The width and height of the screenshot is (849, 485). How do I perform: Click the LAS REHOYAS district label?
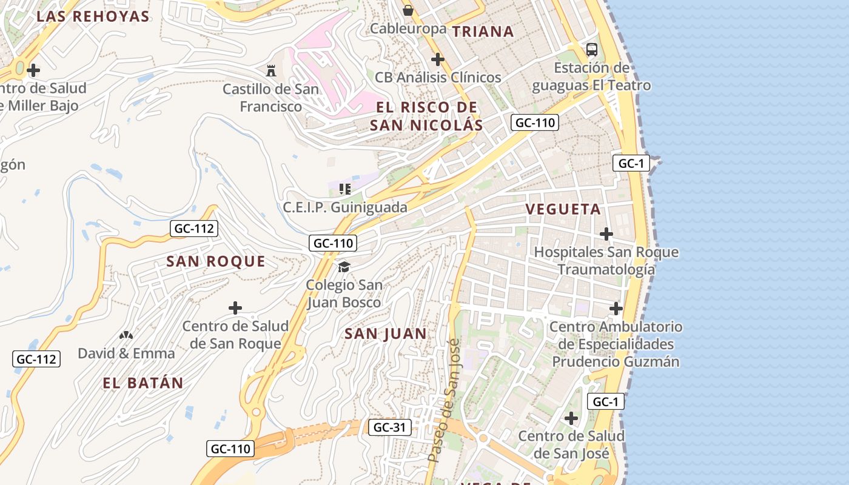pyautogui.click(x=93, y=16)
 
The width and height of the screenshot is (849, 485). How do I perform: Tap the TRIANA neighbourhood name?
pyautogui.click(x=483, y=32)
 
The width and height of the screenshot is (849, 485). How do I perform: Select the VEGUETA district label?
pyautogui.click(x=563, y=209)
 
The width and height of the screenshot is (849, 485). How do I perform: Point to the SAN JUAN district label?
pyautogui.click(x=386, y=333)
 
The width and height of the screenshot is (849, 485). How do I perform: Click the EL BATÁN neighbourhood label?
pyautogui.click(x=143, y=383)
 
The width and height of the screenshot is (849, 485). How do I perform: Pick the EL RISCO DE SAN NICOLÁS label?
pyautogui.click(x=426, y=116)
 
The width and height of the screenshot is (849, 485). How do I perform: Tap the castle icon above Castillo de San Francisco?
pyautogui.click(x=271, y=70)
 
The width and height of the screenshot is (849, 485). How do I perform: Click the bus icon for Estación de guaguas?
pyautogui.click(x=591, y=49)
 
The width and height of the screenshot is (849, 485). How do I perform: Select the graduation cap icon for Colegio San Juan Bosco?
pyautogui.click(x=344, y=267)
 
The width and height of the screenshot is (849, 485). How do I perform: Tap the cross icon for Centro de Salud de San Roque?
pyautogui.click(x=235, y=308)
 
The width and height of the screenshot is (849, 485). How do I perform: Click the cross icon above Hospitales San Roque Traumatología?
pyautogui.click(x=606, y=233)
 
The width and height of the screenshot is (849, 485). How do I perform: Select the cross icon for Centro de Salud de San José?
pyautogui.click(x=571, y=418)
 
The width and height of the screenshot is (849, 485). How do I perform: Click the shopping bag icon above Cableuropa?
pyautogui.click(x=408, y=10)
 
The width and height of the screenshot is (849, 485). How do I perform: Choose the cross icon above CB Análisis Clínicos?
pyautogui.click(x=437, y=59)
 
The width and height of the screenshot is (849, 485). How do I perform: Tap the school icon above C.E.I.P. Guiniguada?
pyautogui.click(x=345, y=189)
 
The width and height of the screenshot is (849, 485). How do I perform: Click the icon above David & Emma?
pyautogui.click(x=126, y=335)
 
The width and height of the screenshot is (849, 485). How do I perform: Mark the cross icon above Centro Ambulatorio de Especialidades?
pyautogui.click(x=616, y=309)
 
